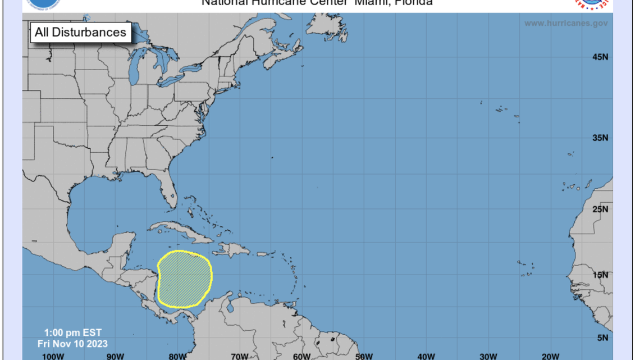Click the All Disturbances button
coord(80,33)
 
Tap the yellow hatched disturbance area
coord(184,279)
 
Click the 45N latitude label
coord(600,57)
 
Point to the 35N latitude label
coord(600,138)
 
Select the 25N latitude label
coord(600,209)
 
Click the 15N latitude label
coord(600,275)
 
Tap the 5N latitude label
coord(602,338)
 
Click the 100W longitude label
coord(53,356)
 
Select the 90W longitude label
coord(115,356)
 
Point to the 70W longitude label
coord(240,356)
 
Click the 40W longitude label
coord(426,356)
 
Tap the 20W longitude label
coord(550,356)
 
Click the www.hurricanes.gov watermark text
coord(566,23)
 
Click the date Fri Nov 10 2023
coord(73,344)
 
